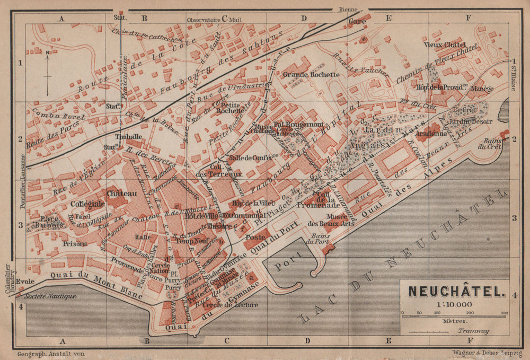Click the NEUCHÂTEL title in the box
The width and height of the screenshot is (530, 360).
(456, 291)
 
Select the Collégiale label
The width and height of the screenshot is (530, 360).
(85, 203)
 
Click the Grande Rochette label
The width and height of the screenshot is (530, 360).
(311, 74)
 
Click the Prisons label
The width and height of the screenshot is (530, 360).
(74, 244)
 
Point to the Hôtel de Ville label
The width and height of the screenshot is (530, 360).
(197, 215)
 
